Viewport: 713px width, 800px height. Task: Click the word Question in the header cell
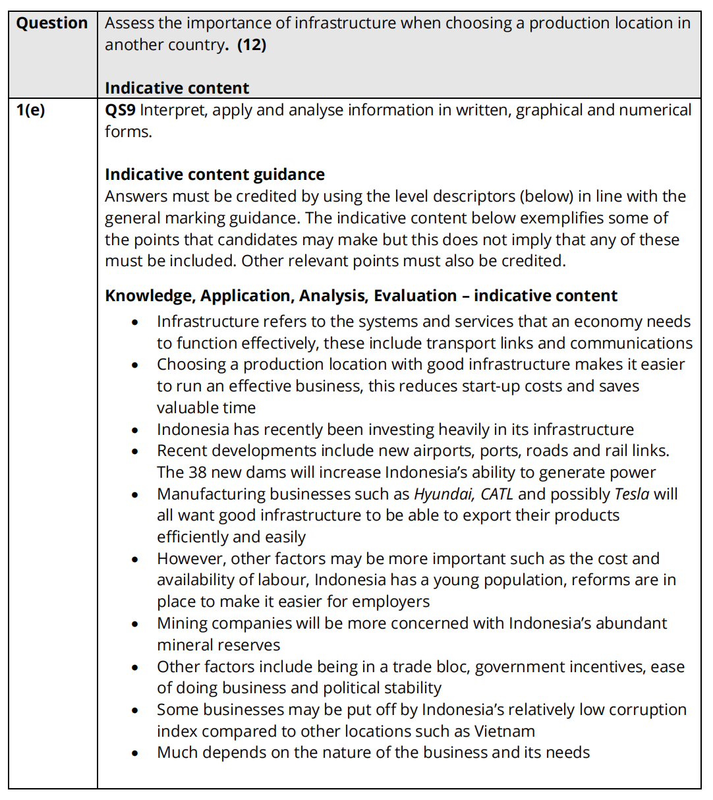point(52,23)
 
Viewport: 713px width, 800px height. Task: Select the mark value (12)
point(252,45)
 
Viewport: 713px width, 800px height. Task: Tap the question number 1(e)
point(31,110)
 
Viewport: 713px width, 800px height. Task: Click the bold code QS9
point(120,110)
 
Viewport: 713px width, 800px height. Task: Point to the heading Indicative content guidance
point(215,175)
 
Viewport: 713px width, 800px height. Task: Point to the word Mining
point(180,623)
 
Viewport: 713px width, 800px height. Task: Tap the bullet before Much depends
point(135,753)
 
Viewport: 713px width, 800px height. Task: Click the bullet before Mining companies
point(135,624)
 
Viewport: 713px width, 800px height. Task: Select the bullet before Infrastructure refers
point(135,322)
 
